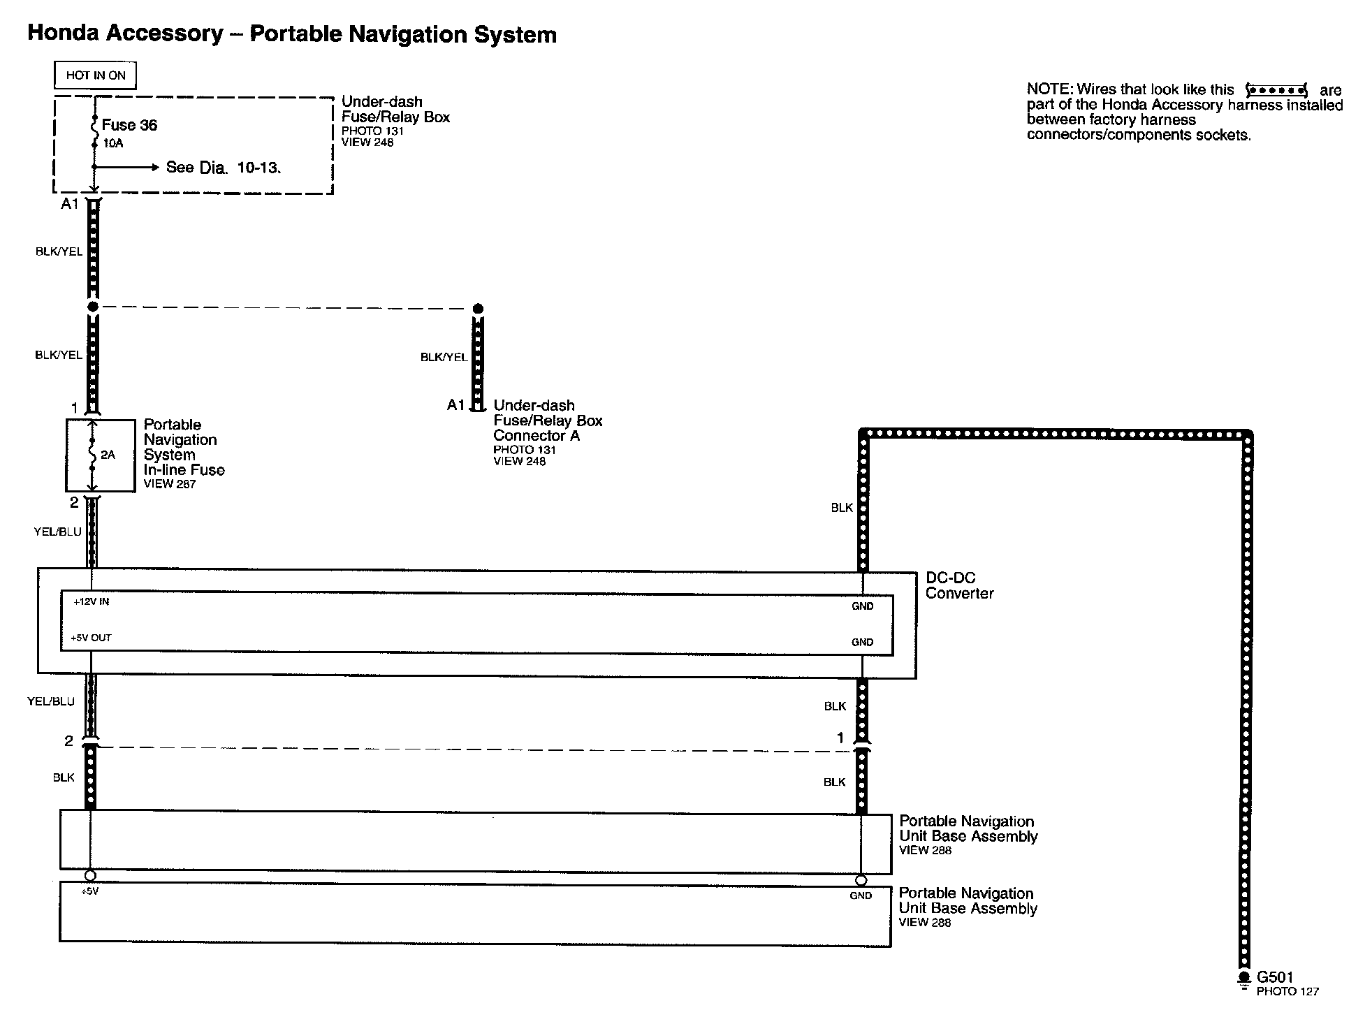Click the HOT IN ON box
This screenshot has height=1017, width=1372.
(x=96, y=75)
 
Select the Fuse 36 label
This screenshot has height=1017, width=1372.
(x=129, y=126)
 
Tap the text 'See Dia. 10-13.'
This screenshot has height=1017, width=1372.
(x=223, y=168)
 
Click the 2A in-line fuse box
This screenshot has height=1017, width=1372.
(x=101, y=455)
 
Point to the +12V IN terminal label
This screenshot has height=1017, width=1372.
(x=92, y=601)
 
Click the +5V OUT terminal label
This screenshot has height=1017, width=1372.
(x=91, y=638)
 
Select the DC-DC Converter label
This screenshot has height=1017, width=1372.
(x=959, y=586)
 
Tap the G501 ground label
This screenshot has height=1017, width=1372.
(x=1275, y=978)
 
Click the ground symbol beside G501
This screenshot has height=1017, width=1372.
(x=1243, y=981)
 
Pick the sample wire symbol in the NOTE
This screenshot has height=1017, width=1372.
(x=1276, y=90)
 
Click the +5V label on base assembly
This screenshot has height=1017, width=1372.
(x=90, y=892)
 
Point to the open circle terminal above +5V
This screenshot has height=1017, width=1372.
(x=90, y=876)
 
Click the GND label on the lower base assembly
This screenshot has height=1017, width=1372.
(x=861, y=895)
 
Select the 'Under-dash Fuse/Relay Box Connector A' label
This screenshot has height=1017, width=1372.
(x=547, y=420)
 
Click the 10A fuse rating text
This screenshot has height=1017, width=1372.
(x=113, y=144)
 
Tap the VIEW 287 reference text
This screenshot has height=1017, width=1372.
(x=170, y=484)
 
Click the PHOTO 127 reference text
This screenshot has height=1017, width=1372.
(x=1287, y=991)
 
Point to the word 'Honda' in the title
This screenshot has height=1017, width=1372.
(x=64, y=34)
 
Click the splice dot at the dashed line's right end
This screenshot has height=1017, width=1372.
(x=478, y=309)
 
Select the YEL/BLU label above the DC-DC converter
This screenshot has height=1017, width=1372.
(x=57, y=532)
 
